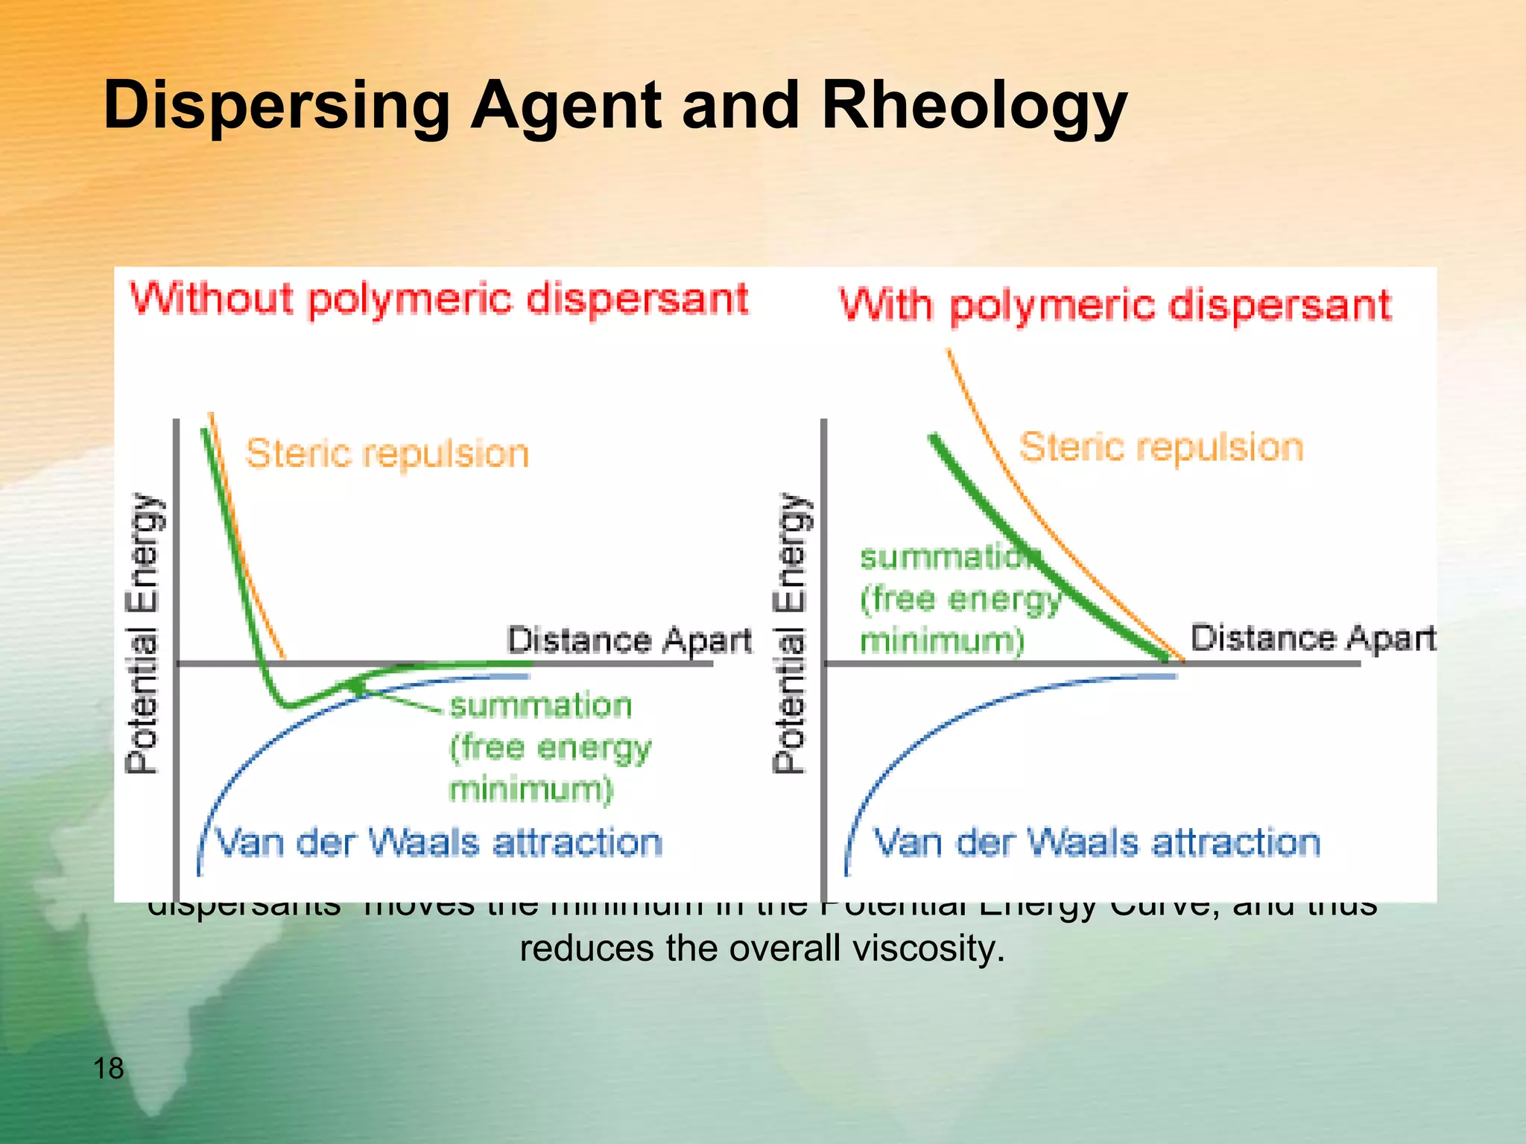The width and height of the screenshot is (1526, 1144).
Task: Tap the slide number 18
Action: click(108, 1069)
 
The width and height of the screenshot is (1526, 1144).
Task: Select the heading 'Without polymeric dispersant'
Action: click(439, 299)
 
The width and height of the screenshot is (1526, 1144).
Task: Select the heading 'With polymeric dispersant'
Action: click(1115, 305)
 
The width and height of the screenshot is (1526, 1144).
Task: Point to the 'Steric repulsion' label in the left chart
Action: click(387, 454)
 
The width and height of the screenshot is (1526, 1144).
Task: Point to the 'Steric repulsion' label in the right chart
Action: click(1160, 448)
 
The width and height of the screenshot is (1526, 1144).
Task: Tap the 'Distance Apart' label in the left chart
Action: click(629, 641)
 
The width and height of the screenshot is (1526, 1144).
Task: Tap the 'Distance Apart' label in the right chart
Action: click(1312, 638)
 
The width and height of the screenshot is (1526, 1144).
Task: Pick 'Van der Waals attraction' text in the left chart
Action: click(438, 843)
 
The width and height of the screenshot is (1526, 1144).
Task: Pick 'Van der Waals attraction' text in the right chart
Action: click(1096, 843)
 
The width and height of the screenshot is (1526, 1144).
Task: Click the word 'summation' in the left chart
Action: click(541, 705)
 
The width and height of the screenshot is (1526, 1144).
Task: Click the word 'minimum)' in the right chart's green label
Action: click(942, 641)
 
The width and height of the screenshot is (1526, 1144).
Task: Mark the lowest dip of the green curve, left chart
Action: click(288, 704)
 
